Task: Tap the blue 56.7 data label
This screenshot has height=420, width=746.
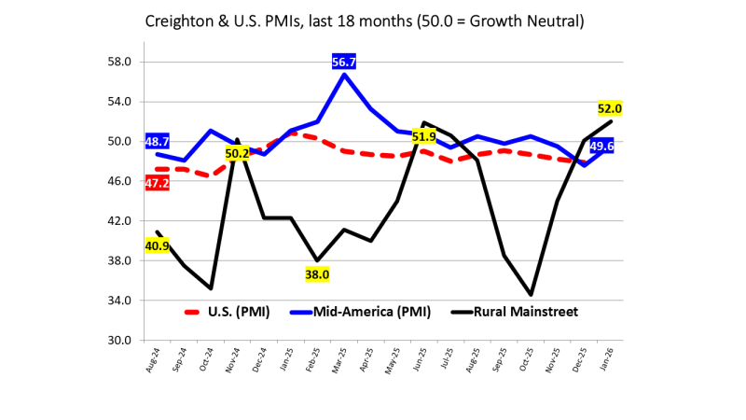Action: (x=344, y=62)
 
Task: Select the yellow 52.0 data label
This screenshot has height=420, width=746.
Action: (x=610, y=108)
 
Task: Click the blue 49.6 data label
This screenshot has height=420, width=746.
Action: (x=602, y=147)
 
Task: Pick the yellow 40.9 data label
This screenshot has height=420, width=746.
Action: (x=158, y=246)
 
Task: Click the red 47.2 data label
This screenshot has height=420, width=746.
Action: (x=158, y=183)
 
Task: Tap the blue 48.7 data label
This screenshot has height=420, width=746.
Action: (x=158, y=141)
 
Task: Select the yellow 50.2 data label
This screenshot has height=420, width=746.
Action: (x=237, y=153)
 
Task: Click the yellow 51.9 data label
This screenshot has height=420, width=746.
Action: (x=424, y=136)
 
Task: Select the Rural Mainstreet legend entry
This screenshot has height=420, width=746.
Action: (x=508, y=312)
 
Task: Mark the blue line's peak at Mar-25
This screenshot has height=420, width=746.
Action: (x=345, y=74)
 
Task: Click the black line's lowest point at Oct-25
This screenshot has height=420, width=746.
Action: (x=532, y=295)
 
